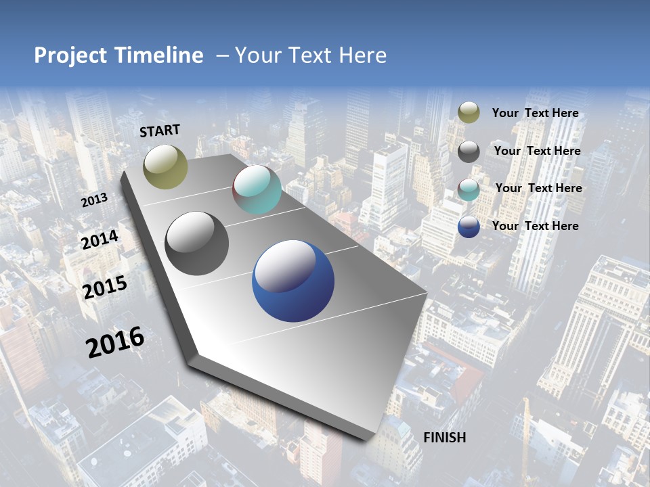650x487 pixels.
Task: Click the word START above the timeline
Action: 160,131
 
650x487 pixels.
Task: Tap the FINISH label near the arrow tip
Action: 444,438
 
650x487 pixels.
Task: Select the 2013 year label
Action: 94,200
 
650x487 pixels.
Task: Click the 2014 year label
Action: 100,239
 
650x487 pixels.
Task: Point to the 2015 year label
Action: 104,287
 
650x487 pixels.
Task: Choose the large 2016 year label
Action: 115,342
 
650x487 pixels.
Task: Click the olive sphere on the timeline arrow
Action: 165,166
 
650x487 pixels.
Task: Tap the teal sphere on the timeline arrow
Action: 257,190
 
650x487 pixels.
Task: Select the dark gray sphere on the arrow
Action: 197,243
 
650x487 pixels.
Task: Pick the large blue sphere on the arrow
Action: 293,281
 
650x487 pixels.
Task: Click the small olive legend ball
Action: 469,113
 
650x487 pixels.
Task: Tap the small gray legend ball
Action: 469,152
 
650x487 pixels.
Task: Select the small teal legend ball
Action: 469,189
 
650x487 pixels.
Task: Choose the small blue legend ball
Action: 469,227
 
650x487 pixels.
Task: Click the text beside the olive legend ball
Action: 535,113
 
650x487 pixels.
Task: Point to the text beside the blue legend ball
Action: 535,226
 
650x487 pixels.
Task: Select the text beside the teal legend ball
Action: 538,188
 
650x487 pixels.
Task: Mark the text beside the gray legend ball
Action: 537,151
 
